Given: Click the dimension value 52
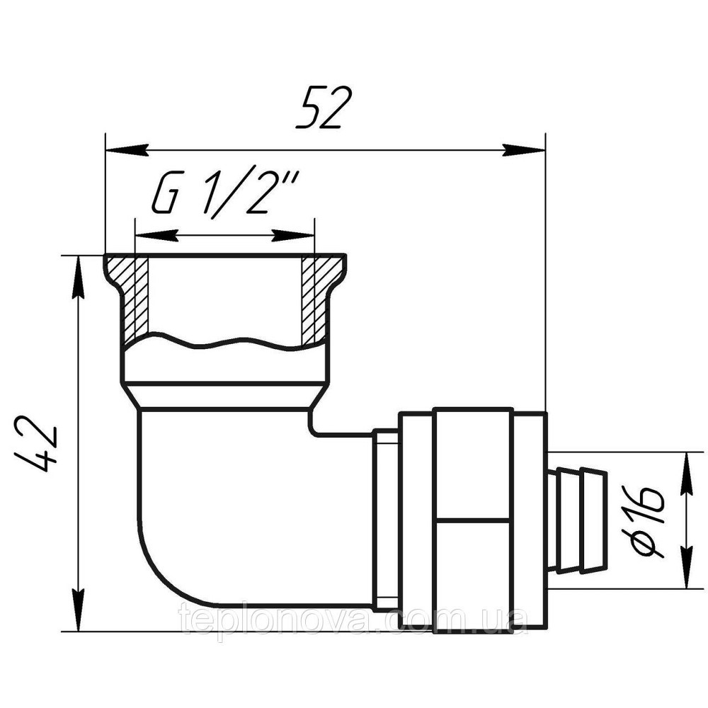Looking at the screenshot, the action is (x=324, y=108).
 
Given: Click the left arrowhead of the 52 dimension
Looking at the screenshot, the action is (x=127, y=150).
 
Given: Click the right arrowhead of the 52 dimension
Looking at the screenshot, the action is (x=524, y=150).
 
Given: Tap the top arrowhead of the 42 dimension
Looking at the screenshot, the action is (x=79, y=278).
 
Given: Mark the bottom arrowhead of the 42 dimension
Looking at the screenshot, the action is (x=79, y=609).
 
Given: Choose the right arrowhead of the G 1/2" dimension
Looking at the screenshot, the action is (x=294, y=235).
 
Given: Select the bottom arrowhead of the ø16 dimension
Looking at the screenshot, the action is (x=686, y=566).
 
